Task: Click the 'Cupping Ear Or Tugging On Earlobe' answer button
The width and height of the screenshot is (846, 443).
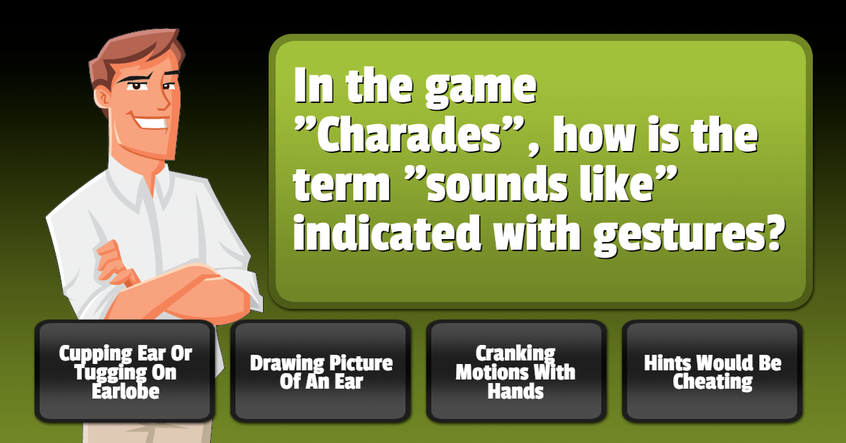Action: pos(125,371)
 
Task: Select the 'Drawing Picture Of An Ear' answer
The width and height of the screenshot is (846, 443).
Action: pos(321,371)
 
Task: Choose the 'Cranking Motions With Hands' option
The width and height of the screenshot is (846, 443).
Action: pos(516,371)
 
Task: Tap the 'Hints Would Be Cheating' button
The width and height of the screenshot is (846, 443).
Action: pos(712,371)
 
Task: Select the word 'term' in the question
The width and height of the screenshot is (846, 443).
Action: pos(342,184)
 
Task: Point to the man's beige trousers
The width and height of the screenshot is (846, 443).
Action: pos(147,432)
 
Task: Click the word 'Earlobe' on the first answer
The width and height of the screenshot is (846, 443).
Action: pos(125,391)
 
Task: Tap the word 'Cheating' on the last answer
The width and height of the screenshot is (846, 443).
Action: pos(712,381)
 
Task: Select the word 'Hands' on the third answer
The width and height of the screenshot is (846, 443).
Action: pos(515,391)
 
